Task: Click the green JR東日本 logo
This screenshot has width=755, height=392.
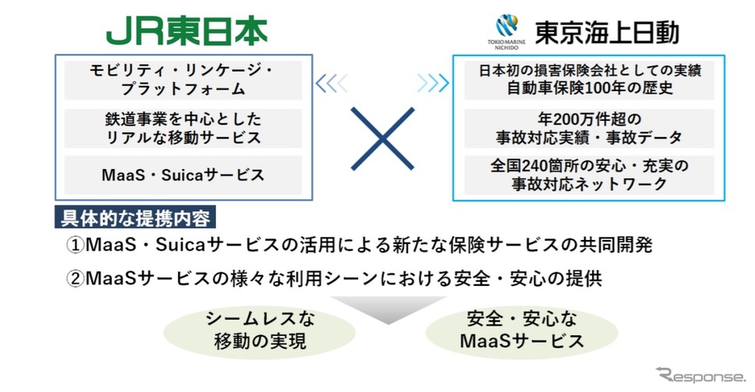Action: (186, 33)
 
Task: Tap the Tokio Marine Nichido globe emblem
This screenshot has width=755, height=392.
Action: (506, 26)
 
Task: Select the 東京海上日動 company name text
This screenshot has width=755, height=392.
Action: (607, 32)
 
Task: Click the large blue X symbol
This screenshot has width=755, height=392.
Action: (382, 139)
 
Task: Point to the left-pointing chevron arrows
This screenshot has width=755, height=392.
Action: (331, 83)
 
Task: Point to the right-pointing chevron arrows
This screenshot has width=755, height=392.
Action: (433, 83)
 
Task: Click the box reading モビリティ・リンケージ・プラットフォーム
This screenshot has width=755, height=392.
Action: (183, 79)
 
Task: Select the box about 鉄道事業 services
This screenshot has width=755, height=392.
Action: (183, 128)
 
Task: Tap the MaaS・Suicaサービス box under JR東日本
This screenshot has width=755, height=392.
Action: (183, 175)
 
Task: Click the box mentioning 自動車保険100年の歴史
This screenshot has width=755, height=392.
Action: (589, 79)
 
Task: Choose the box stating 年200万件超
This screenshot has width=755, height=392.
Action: (589, 128)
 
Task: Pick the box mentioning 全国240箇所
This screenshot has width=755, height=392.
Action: (589, 175)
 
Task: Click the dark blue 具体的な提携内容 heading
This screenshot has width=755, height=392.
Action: (135, 218)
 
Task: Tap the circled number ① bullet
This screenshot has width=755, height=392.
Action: (75, 245)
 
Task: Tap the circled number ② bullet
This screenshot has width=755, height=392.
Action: (75, 278)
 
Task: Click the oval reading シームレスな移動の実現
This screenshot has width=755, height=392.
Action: (260, 331)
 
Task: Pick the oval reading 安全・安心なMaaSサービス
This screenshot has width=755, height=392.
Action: (522, 331)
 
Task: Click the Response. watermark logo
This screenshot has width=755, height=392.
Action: (700, 375)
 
